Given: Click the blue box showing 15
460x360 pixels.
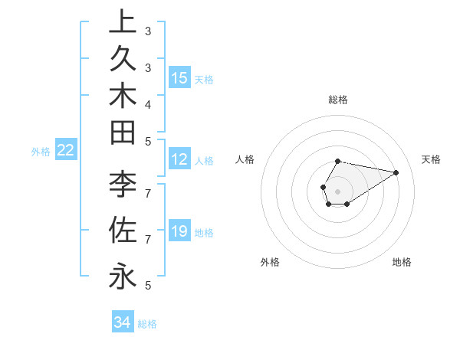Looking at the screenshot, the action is (179, 77).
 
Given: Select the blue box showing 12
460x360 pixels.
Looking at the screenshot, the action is (179, 159).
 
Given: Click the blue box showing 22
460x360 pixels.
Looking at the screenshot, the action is (66, 150).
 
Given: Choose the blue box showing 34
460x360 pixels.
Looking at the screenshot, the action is (123, 322).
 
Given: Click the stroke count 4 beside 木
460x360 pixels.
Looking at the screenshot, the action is (148, 103).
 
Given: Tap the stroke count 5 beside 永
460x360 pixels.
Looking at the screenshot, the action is (148, 285).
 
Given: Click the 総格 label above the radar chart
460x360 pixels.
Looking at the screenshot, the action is (337, 100).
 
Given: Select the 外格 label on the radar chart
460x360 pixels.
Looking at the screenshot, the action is (270, 262).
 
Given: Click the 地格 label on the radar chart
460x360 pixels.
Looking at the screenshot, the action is (402, 262).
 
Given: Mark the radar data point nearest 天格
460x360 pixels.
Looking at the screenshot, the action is (396, 172).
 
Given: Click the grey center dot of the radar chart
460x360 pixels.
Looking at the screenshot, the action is (337, 191).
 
